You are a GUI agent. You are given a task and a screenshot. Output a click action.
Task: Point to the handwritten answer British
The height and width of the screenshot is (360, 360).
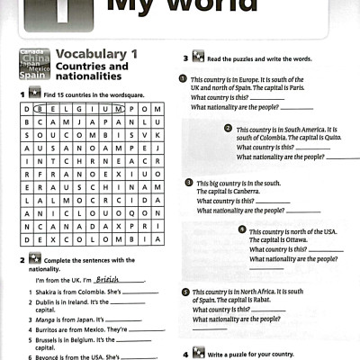pos(109,280)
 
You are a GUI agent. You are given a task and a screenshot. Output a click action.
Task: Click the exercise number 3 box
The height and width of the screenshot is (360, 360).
pos(186,58)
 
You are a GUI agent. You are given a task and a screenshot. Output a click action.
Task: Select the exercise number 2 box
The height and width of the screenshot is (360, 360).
pos(21,260)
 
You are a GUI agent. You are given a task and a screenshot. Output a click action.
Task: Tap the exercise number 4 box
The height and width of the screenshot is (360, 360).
pos(186,353)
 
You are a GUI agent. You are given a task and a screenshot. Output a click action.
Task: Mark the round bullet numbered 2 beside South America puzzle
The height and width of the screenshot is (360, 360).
pos(229,129)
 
